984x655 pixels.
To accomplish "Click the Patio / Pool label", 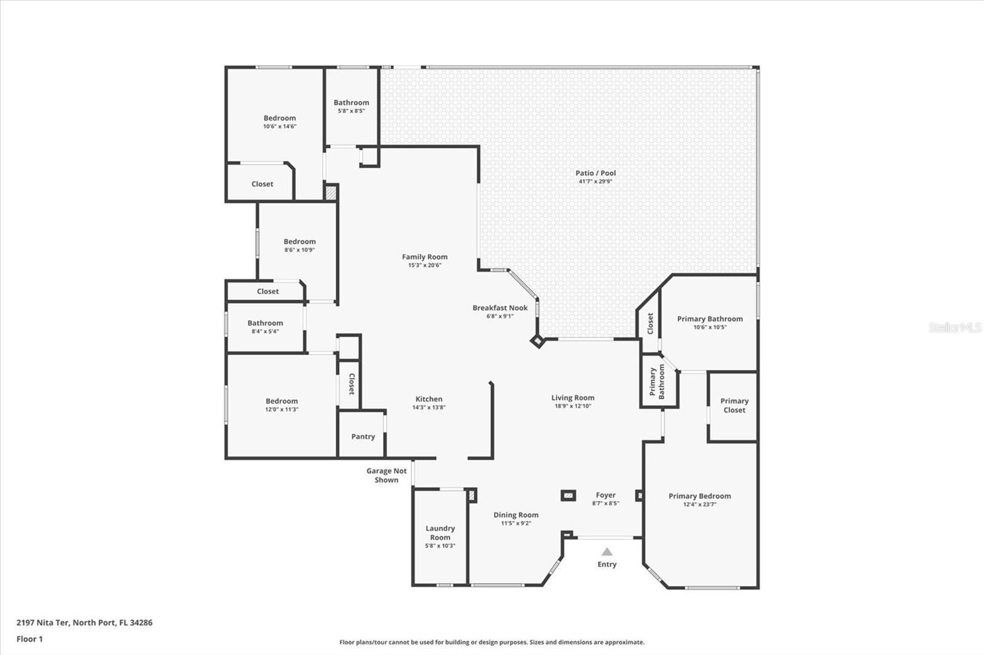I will click(595, 173).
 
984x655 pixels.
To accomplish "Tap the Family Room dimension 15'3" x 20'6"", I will click(424, 265).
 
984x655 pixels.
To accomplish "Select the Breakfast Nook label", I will click(499, 308).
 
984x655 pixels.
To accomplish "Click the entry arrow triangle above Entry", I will click(607, 552).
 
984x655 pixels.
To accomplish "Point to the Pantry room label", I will click(363, 436).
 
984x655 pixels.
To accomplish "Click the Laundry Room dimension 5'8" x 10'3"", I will click(440, 546).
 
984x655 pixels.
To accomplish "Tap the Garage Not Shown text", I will click(386, 475).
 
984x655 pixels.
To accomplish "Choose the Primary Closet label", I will click(734, 405).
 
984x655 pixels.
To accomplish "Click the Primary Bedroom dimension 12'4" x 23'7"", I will click(699, 504).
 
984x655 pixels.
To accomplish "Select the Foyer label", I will click(605, 495).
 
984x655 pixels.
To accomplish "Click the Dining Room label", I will click(515, 515).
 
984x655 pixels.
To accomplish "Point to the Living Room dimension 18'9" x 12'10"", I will click(573, 406).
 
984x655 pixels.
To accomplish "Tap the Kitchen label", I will click(429, 399).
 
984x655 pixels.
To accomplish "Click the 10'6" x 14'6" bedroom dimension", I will click(280, 127).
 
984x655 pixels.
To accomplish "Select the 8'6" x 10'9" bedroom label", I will click(300, 241).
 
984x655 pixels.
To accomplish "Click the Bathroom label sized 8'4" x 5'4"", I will click(265, 323).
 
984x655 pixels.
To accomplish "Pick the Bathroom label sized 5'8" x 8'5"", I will click(351, 103).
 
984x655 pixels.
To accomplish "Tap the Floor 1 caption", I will click(30, 639).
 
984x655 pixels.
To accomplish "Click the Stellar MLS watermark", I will click(954, 327).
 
